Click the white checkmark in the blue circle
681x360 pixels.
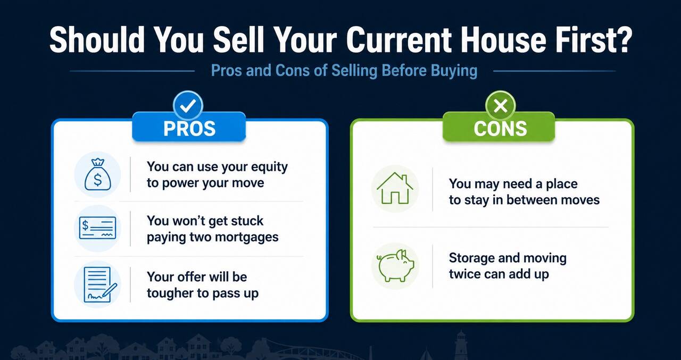(188, 105)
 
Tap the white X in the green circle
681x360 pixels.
(500, 106)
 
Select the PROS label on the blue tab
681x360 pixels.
(189, 129)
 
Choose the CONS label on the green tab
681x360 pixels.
(500, 129)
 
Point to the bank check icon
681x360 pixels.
(97, 228)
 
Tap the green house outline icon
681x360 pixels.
(395, 188)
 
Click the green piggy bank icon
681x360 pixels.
(396, 266)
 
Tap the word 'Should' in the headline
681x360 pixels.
(97, 40)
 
